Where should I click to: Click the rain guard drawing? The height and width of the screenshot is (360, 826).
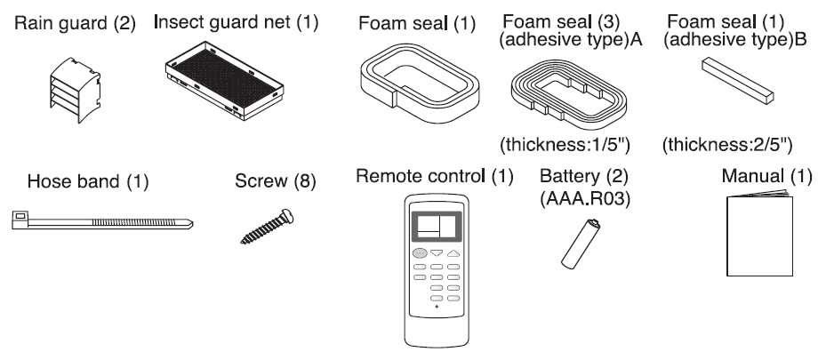(x=76, y=91)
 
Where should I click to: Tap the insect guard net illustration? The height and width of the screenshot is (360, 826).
(x=224, y=81)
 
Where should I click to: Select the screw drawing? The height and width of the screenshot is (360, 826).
(x=267, y=227)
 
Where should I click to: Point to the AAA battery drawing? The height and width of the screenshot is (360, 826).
(x=580, y=244)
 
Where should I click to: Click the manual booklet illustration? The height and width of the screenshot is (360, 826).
(x=759, y=233)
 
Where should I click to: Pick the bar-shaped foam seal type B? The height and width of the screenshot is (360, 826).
(x=738, y=81)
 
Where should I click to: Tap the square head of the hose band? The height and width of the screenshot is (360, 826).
(x=20, y=220)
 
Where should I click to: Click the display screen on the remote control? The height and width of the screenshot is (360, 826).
(x=436, y=226)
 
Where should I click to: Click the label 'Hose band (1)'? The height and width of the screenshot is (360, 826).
(x=88, y=181)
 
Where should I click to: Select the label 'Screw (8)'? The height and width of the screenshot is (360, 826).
(x=276, y=181)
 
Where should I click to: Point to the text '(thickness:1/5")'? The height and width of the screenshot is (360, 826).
(x=565, y=145)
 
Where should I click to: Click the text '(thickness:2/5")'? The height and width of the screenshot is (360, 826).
(x=727, y=145)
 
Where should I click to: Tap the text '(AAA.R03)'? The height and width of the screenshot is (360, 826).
(x=585, y=199)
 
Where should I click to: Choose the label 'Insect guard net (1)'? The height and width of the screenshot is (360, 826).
(x=236, y=22)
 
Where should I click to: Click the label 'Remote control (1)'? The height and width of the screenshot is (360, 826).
(x=435, y=176)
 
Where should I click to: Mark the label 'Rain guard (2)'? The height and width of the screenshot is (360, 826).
(x=75, y=24)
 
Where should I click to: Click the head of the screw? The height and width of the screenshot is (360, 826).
(x=287, y=216)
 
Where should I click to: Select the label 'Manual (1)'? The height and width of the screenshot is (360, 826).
(x=767, y=176)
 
